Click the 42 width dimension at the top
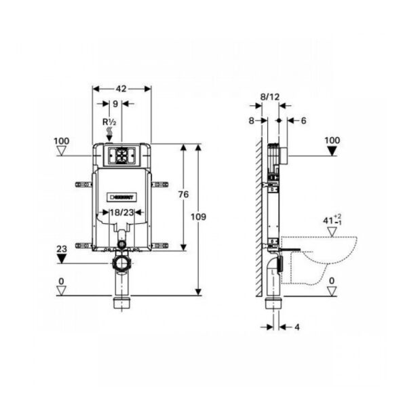(x=121, y=88)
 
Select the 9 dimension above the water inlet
(x=115, y=104)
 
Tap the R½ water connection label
(x=110, y=123)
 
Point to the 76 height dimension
(x=182, y=195)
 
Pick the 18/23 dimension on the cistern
(x=121, y=212)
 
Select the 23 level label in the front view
(x=61, y=248)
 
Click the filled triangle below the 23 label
(x=61, y=258)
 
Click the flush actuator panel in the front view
(x=121, y=155)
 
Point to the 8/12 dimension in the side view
(x=270, y=98)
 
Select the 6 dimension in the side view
(x=302, y=120)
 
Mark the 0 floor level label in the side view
(x=332, y=280)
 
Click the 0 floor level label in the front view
(x=61, y=280)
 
